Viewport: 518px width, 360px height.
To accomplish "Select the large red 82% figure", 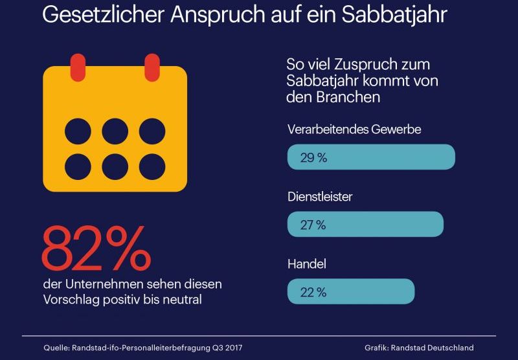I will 96,249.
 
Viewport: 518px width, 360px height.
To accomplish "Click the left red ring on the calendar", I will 78,66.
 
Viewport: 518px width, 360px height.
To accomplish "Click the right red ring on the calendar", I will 152,66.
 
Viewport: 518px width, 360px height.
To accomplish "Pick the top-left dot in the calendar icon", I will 78,131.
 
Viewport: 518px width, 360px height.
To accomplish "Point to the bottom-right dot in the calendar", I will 152,166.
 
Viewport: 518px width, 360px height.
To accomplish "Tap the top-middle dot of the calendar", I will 115,131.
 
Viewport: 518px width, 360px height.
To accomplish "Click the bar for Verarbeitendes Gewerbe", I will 371,157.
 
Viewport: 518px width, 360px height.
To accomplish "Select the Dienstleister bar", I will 365,224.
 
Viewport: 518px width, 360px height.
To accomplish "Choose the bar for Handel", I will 350,291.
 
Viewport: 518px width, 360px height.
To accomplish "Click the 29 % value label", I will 313,157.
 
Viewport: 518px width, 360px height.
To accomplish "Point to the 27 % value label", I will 313,225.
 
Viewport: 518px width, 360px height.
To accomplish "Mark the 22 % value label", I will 313,292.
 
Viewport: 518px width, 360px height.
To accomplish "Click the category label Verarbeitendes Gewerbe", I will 354,129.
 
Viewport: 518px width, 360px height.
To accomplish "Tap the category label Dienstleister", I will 320,197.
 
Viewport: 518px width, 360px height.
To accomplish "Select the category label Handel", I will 306,264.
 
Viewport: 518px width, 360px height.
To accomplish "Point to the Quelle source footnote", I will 143,348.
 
